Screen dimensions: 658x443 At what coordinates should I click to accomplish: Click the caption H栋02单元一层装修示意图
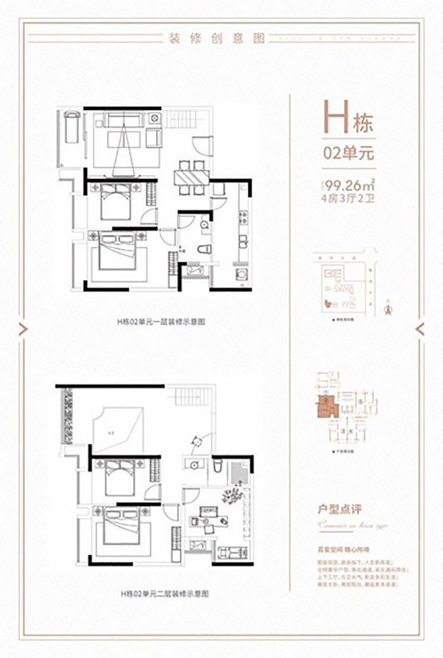161,322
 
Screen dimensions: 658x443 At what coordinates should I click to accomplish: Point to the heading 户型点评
340,507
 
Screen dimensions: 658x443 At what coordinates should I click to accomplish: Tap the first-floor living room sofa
123,121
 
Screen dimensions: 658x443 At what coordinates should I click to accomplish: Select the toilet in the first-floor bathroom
204,249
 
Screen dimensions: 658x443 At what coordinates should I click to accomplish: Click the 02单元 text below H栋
349,154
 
